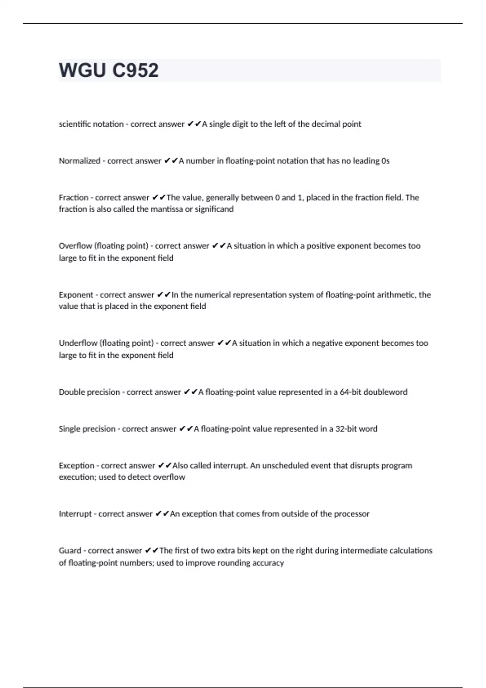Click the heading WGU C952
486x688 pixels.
[x=109, y=70]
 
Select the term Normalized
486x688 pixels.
[x=79, y=161]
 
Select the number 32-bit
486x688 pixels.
[x=345, y=429]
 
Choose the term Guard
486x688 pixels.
[x=70, y=551]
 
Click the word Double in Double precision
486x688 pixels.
[x=72, y=392]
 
